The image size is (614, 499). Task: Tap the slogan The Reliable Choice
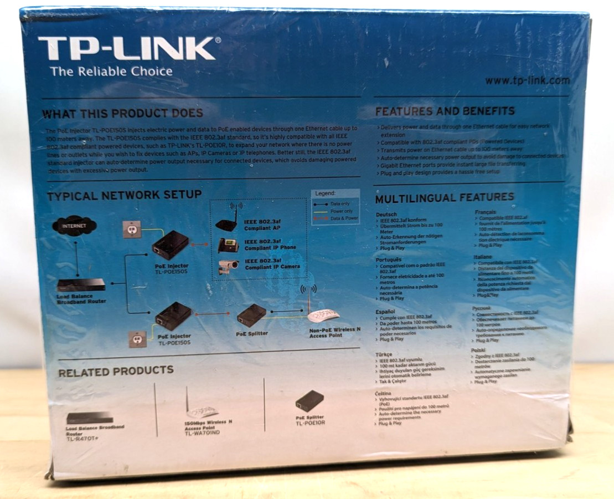(111, 72)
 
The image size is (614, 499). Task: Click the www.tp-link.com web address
(527, 80)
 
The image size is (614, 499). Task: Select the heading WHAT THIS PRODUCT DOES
(123, 114)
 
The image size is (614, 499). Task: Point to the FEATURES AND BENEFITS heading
(445, 111)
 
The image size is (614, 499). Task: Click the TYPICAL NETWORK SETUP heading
(124, 196)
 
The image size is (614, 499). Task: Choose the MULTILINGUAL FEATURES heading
(445, 197)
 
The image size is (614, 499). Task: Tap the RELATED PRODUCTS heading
(116, 370)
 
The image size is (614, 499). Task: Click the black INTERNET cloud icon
(75, 226)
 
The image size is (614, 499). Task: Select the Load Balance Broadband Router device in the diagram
(81, 284)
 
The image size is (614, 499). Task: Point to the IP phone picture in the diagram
(228, 245)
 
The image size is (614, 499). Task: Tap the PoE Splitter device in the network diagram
(252, 315)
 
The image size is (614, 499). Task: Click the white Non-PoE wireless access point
(323, 315)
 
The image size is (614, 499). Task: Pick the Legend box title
(326, 194)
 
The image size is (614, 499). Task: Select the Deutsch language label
(386, 214)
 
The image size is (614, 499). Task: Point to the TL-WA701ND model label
(202, 432)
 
